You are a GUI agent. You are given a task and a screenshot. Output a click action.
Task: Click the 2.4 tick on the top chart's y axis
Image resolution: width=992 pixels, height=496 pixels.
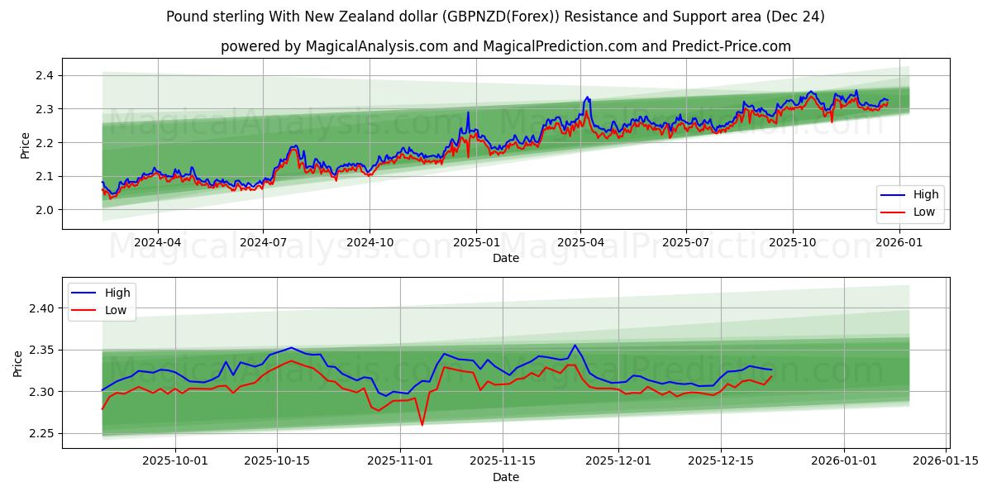(x=43, y=76)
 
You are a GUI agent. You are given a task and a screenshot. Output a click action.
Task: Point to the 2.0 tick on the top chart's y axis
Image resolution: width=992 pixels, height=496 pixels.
(x=43, y=210)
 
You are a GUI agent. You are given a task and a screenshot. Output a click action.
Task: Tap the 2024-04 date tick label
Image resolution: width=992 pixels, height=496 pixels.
(x=157, y=243)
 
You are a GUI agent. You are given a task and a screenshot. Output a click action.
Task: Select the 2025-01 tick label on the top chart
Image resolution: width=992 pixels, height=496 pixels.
(x=475, y=243)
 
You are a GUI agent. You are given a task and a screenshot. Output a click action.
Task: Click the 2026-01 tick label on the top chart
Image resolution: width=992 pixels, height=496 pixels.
(x=899, y=243)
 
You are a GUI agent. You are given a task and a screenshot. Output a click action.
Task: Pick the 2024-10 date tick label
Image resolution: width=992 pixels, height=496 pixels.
(x=369, y=243)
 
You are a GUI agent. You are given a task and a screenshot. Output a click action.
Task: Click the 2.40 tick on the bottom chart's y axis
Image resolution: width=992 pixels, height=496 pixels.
(x=40, y=308)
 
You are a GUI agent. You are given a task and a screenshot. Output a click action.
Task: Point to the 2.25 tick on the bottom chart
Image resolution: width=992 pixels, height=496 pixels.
(x=40, y=433)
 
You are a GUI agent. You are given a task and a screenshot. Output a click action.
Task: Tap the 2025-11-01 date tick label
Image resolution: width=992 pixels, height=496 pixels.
(x=400, y=461)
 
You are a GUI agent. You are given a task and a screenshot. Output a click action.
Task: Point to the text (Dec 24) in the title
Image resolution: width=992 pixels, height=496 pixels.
(x=794, y=17)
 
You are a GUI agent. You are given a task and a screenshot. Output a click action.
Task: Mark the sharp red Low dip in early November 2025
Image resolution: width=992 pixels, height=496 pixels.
(x=422, y=425)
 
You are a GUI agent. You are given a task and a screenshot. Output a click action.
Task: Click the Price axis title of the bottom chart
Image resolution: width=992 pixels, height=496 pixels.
(x=18, y=363)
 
